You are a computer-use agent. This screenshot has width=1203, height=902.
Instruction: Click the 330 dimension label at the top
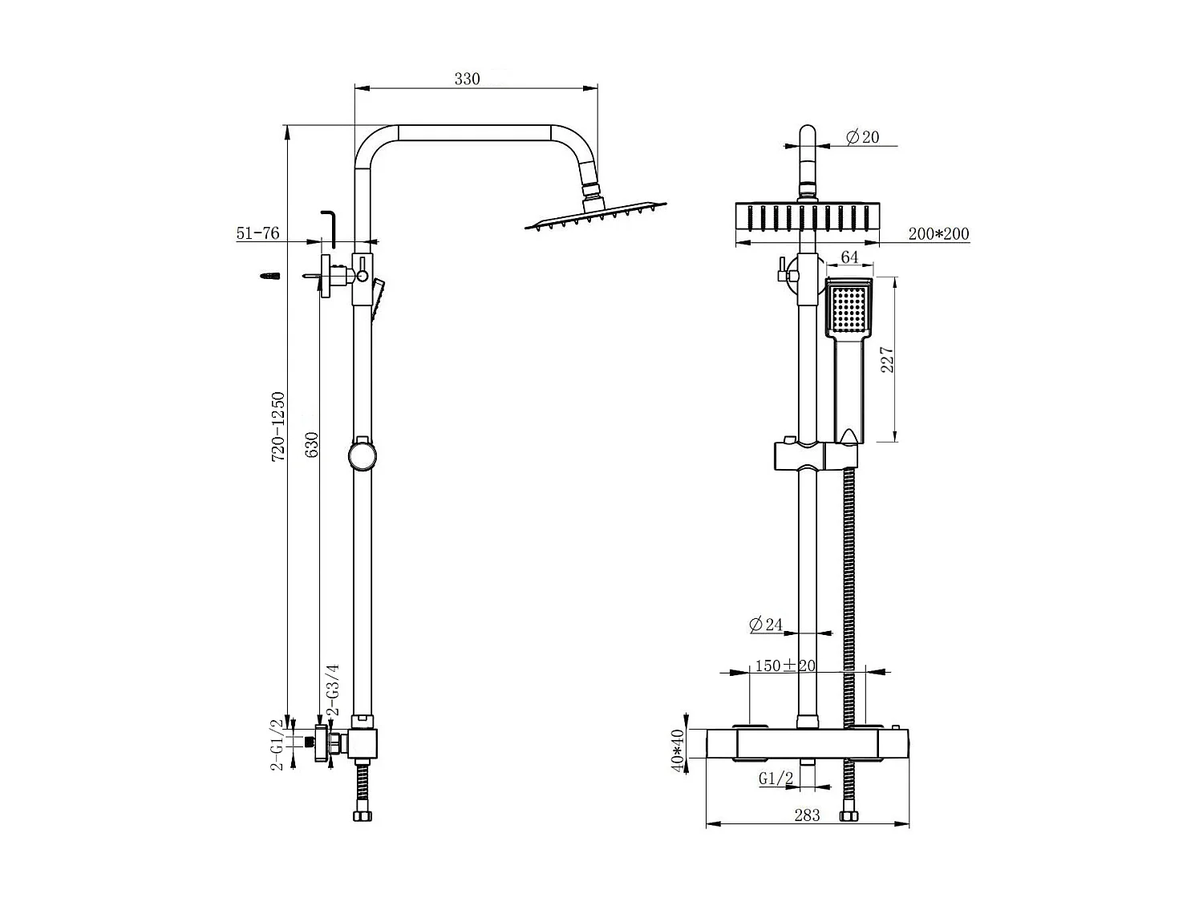pos(467,79)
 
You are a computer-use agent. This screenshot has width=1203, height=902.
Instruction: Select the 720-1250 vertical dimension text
pos(278,426)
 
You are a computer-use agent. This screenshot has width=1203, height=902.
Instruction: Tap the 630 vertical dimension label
pos(312,444)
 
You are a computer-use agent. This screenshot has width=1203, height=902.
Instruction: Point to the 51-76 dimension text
pos(257,233)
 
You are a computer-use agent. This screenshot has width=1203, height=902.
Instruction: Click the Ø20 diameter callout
pos(862,137)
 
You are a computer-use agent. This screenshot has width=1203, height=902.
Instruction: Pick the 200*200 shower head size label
pos(938,234)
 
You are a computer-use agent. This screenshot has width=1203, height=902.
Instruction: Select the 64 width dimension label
pos(849,257)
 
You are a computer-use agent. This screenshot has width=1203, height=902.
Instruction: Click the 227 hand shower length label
pos(887,360)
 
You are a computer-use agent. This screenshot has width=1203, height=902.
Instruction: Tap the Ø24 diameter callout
pos(766,625)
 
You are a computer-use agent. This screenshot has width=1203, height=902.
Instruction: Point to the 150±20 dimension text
pos(784,665)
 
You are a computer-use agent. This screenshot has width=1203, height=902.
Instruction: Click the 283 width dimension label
pos(807,815)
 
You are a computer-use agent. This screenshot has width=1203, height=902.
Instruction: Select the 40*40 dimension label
pos(678,751)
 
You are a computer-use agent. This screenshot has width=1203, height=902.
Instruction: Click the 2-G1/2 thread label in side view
pos(277,745)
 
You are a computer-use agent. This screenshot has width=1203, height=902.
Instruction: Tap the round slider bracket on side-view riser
pos(361,455)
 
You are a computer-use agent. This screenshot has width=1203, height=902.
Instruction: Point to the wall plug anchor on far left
pos(270,276)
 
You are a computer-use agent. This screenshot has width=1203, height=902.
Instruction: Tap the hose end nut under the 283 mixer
pos(848,816)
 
